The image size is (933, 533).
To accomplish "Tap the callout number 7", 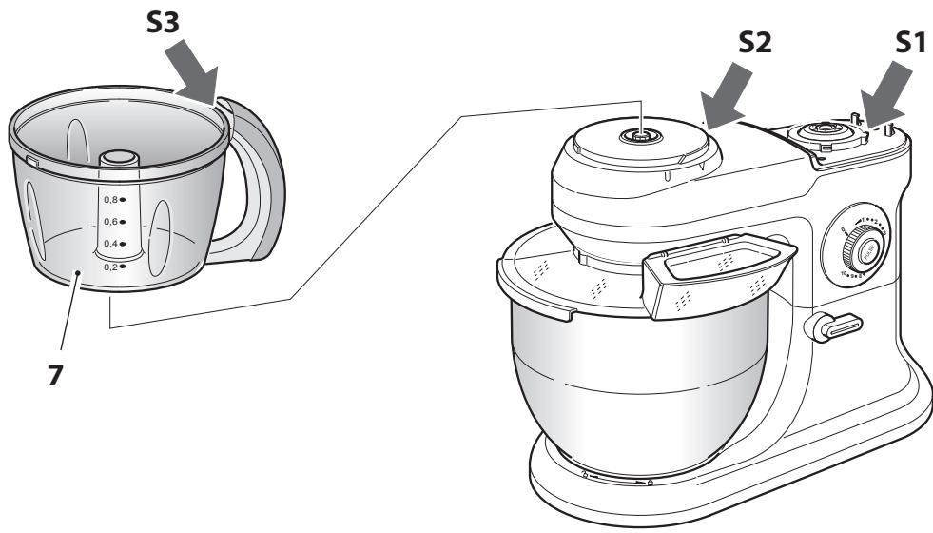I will pos(57,375).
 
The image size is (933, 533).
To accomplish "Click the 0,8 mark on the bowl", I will pos(115,199).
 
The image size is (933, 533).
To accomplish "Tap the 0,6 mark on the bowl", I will pos(115,222).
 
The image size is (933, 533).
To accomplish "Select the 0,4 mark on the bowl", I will pos(115,245).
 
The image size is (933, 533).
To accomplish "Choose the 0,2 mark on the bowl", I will pos(115,267).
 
